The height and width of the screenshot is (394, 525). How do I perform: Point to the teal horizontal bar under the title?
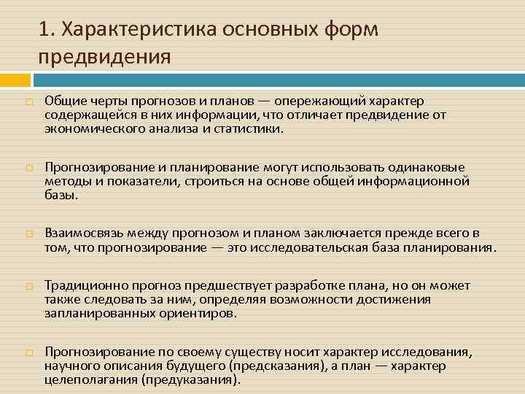coord(278,77)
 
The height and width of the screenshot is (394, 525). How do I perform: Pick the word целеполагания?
coord(90,380)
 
